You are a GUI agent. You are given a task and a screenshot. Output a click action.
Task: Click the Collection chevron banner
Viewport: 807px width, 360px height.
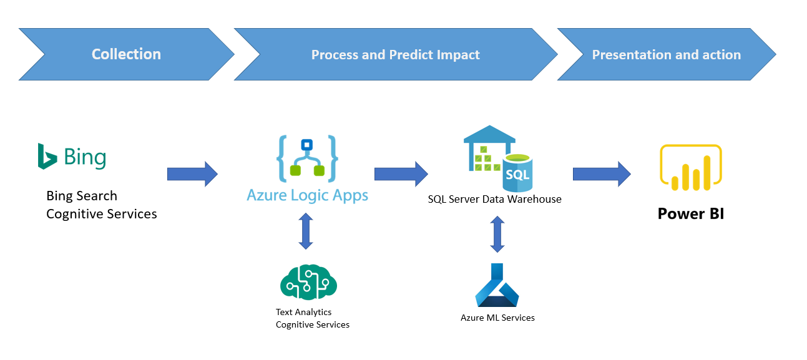126,54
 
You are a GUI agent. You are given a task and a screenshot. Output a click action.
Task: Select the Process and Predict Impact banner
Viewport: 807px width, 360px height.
395,54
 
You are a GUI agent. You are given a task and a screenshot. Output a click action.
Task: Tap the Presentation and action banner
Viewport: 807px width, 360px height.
666,54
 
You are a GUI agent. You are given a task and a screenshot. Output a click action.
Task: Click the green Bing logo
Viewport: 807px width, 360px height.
72,157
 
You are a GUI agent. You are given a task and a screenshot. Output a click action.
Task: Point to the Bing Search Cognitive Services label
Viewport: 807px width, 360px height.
101,205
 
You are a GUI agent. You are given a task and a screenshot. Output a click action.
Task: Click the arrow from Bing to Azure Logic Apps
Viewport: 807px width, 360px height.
192,174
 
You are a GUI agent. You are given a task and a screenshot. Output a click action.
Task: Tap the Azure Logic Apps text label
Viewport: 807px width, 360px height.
307,195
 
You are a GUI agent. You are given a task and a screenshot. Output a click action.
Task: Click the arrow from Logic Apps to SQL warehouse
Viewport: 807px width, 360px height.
401,174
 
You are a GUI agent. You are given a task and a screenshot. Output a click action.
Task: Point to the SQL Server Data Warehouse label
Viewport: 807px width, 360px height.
494,200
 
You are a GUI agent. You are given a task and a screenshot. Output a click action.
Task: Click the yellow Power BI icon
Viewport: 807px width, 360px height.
691,167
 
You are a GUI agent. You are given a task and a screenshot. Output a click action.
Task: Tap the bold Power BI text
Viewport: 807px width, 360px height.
691,214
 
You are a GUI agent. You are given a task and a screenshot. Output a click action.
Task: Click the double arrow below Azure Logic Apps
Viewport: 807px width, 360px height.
305,231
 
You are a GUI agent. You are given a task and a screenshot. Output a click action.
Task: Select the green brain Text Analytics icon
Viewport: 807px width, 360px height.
308,281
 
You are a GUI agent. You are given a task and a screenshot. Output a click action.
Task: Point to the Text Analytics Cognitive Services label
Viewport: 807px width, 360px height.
312,318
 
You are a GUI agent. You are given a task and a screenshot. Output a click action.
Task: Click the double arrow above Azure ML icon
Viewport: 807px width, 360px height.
497,234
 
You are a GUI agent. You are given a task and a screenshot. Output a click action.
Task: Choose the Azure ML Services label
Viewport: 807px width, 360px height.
497,318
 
